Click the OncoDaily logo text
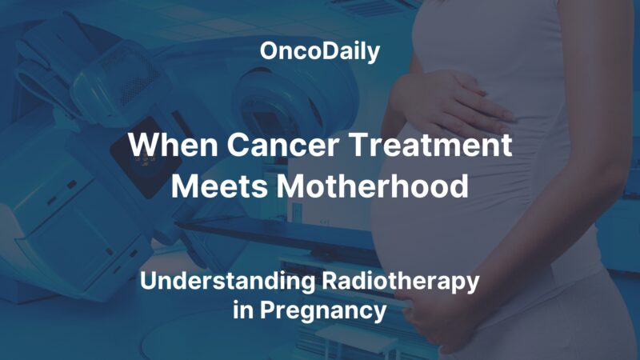click(319, 53)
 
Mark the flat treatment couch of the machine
click(264, 232)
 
